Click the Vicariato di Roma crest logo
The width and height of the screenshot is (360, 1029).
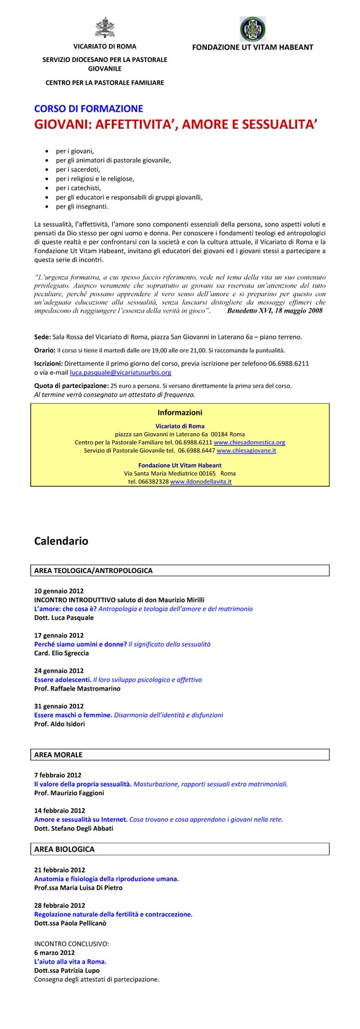tap(104, 28)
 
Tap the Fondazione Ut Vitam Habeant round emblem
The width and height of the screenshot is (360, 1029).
tap(253, 29)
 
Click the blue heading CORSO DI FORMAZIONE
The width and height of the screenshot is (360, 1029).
tap(88, 109)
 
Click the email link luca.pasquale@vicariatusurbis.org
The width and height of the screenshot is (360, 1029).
tap(120, 373)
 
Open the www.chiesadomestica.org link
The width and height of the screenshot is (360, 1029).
tap(249, 442)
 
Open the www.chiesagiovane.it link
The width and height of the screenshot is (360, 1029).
tap(246, 451)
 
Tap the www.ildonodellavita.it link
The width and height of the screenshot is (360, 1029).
tap(201, 482)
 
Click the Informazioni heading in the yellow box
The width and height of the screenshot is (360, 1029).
tap(180, 413)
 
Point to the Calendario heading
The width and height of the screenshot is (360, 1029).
tap(61, 541)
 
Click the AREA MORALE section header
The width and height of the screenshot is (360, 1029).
tap(58, 755)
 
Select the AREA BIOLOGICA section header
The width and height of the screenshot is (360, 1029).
tap(64, 849)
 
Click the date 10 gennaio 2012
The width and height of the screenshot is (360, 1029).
tap(59, 591)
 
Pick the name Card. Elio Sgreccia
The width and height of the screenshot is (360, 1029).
tap(61, 653)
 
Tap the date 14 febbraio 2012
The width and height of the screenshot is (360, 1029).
tap(59, 810)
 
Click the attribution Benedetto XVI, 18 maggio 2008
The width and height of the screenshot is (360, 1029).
tap(274, 311)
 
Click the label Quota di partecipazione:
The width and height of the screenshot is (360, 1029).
tap(71, 386)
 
